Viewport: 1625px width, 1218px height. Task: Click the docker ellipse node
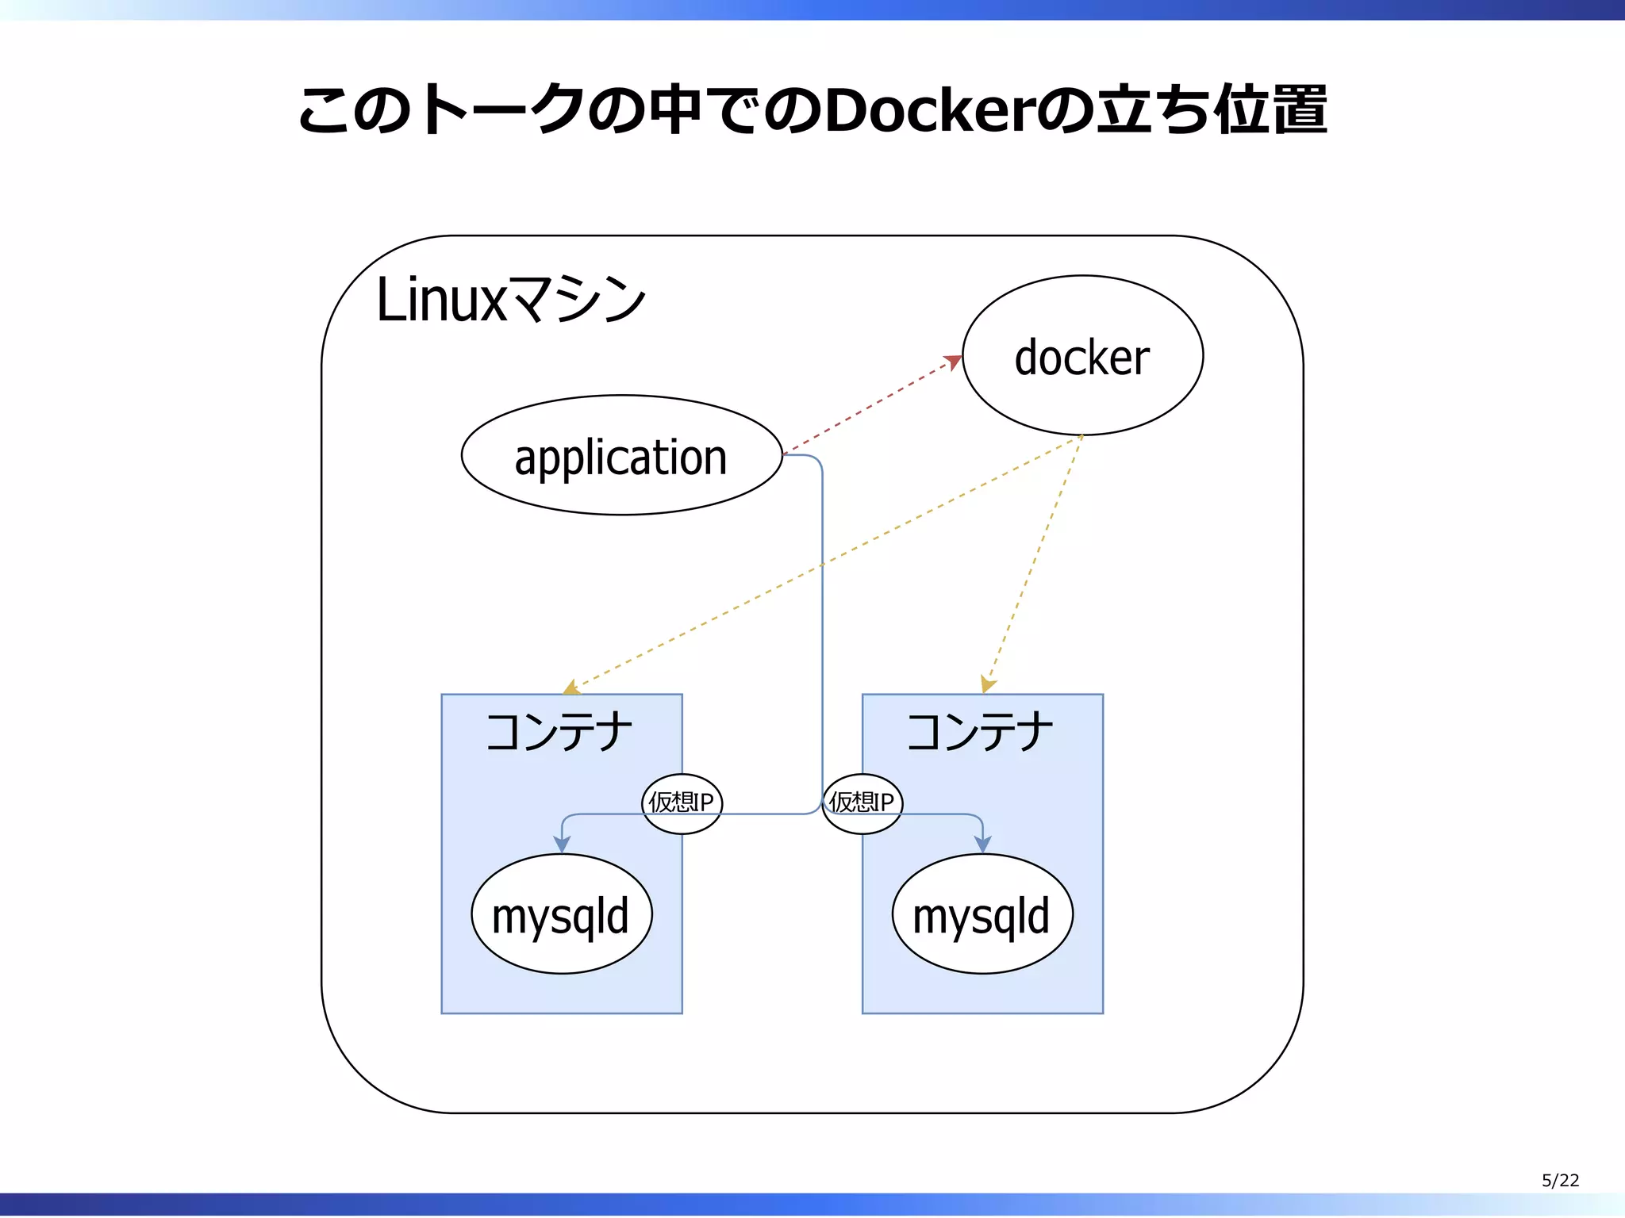pyautogui.click(x=1082, y=355)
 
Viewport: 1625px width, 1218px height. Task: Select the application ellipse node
pyautogui.click(x=621, y=456)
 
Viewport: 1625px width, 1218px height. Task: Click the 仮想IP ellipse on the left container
pyautogui.click(x=682, y=803)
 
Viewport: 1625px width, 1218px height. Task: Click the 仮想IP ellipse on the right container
pyautogui.click(x=862, y=803)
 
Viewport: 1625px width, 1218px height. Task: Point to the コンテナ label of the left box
pyautogui.click(x=559, y=731)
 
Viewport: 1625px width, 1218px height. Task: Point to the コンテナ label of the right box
pyautogui.click(x=981, y=731)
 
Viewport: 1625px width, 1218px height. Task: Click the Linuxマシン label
pyautogui.click(x=511, y=300)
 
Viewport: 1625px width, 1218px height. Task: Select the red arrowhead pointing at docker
pyautogui.click(x=953, y=362)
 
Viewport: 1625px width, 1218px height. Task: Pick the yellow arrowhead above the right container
pyautogui.click(x=987, y=684)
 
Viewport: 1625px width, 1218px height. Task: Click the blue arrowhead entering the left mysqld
pyautogui.click(x=562, y=845)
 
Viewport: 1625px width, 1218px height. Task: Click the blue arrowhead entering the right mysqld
pyautogui.click(x=983, y=845)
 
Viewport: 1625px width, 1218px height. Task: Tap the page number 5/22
pyautogui.click(x=1560, y=1181)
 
